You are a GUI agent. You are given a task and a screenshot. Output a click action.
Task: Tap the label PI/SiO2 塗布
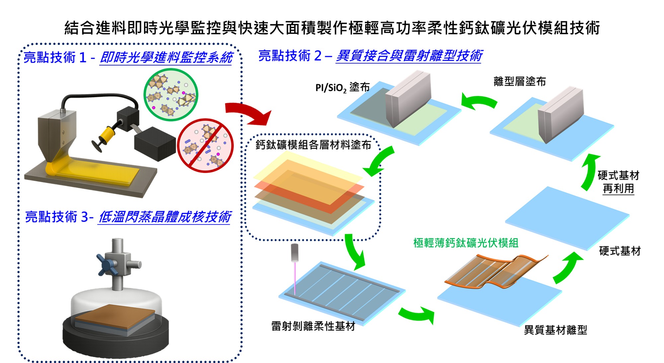pos(342,88)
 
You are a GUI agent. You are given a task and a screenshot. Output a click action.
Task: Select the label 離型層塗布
pos(520,81)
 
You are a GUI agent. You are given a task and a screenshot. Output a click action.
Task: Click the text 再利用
pos(618,189)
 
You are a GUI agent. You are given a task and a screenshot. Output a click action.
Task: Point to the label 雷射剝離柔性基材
pos(313,326)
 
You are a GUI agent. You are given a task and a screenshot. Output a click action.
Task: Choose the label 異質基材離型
pos(555,330)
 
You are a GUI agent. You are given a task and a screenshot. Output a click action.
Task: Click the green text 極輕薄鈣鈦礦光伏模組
pos(466,243)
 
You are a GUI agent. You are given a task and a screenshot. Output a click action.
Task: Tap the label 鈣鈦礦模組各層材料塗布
pos(313,145)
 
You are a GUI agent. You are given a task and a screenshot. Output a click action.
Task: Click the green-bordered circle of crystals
pos(171,95)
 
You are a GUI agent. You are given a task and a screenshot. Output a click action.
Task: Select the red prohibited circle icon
pos(205,146)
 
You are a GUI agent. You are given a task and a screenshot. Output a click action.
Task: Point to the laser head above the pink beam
pos(294,252)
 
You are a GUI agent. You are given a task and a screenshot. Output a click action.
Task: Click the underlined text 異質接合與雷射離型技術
pos(408,56)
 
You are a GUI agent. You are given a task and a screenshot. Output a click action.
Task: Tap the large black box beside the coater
pos(154,144)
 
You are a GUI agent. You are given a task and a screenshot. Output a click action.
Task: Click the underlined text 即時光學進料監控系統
pos(166,58)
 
